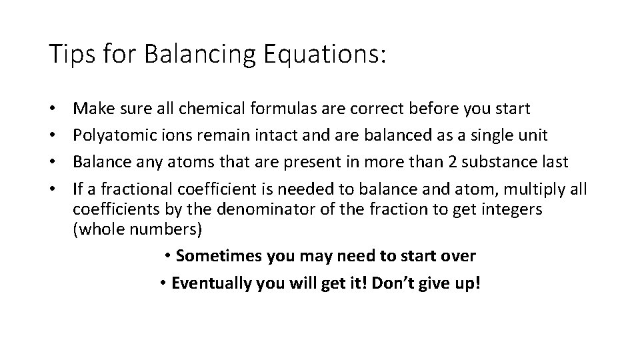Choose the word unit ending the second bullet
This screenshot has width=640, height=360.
(533, 135)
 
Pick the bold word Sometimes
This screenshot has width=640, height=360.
(220, 256)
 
